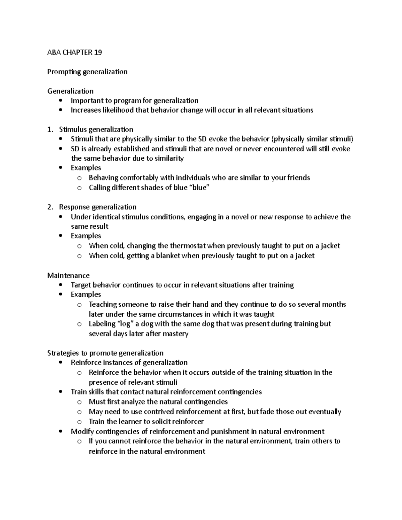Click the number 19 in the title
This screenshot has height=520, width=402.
[98, 52]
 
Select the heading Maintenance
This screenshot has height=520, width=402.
[68, 275]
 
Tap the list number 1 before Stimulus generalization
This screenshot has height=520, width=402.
[50, 130]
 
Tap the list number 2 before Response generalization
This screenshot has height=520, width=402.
[50, 207]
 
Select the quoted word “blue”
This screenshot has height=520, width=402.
[199, 188]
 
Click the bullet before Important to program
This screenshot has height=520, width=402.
[60, 101]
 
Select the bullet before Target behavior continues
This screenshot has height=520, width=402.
[60, 285]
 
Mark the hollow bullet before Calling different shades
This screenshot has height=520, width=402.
[79, 188]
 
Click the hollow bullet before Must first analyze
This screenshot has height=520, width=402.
[79, 402]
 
